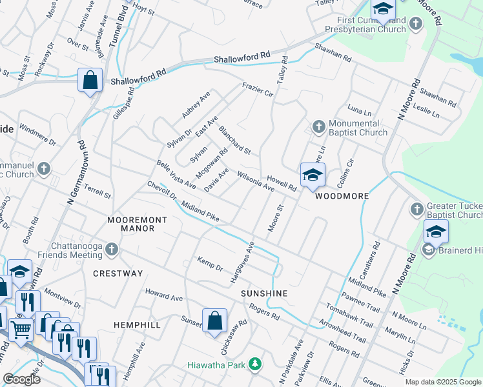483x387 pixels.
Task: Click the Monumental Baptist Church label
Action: click(x=358, y=128)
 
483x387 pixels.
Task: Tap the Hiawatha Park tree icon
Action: click(x=256, y=365)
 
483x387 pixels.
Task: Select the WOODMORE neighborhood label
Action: click(x=342, y=196)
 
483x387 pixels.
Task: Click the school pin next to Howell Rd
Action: click(x=312, y=175)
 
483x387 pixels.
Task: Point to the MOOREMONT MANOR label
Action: click(x=137, y=224)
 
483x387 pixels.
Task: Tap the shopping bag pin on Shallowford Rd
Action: click(x=90, y=81)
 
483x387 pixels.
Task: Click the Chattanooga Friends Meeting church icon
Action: click(x=112, y=249)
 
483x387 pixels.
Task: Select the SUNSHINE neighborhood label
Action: click(x=263, y=293)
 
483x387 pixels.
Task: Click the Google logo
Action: click(x=22, y=379)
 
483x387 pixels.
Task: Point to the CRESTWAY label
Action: click(x=118, y=273)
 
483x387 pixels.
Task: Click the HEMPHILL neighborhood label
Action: click(x=137, y=325)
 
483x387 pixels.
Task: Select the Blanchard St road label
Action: click(x=234, y=141)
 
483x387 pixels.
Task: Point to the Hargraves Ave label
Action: click(x=243, y=263)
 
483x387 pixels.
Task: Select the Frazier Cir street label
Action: click(x=258, y=89)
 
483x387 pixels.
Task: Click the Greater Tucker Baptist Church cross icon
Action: click(x=416, y=209)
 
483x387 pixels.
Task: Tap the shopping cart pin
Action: click(x=21, y=330)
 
